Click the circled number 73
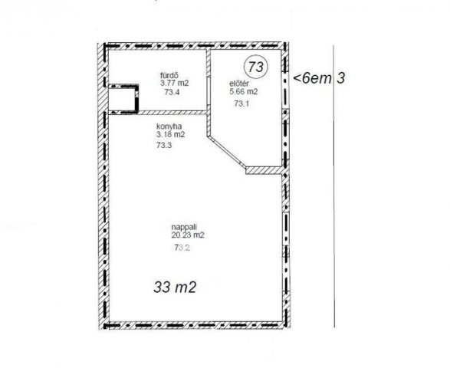(x=255, y=67)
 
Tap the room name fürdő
(x=169, y=76)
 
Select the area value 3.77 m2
(x=175, y=84)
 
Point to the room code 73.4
(x=172, y=92)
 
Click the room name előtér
(x=239, y=84)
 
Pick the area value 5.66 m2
(x=243, y=91)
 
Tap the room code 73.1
(x=241, y=103)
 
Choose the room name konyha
(x=169, y=127)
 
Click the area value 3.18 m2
(x=170, y=134)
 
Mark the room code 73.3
(x=164, y=145)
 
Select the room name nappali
(x=184, y=227)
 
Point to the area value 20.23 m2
(x=188, y=235)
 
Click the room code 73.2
(x=182, y=248)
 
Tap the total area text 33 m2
(x=175, y=287)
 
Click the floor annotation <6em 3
(x=319, y=78)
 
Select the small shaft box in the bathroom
(x=123, y=98)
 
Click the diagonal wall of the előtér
(x=226, y=152)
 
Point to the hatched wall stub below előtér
(x=264, y=170)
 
